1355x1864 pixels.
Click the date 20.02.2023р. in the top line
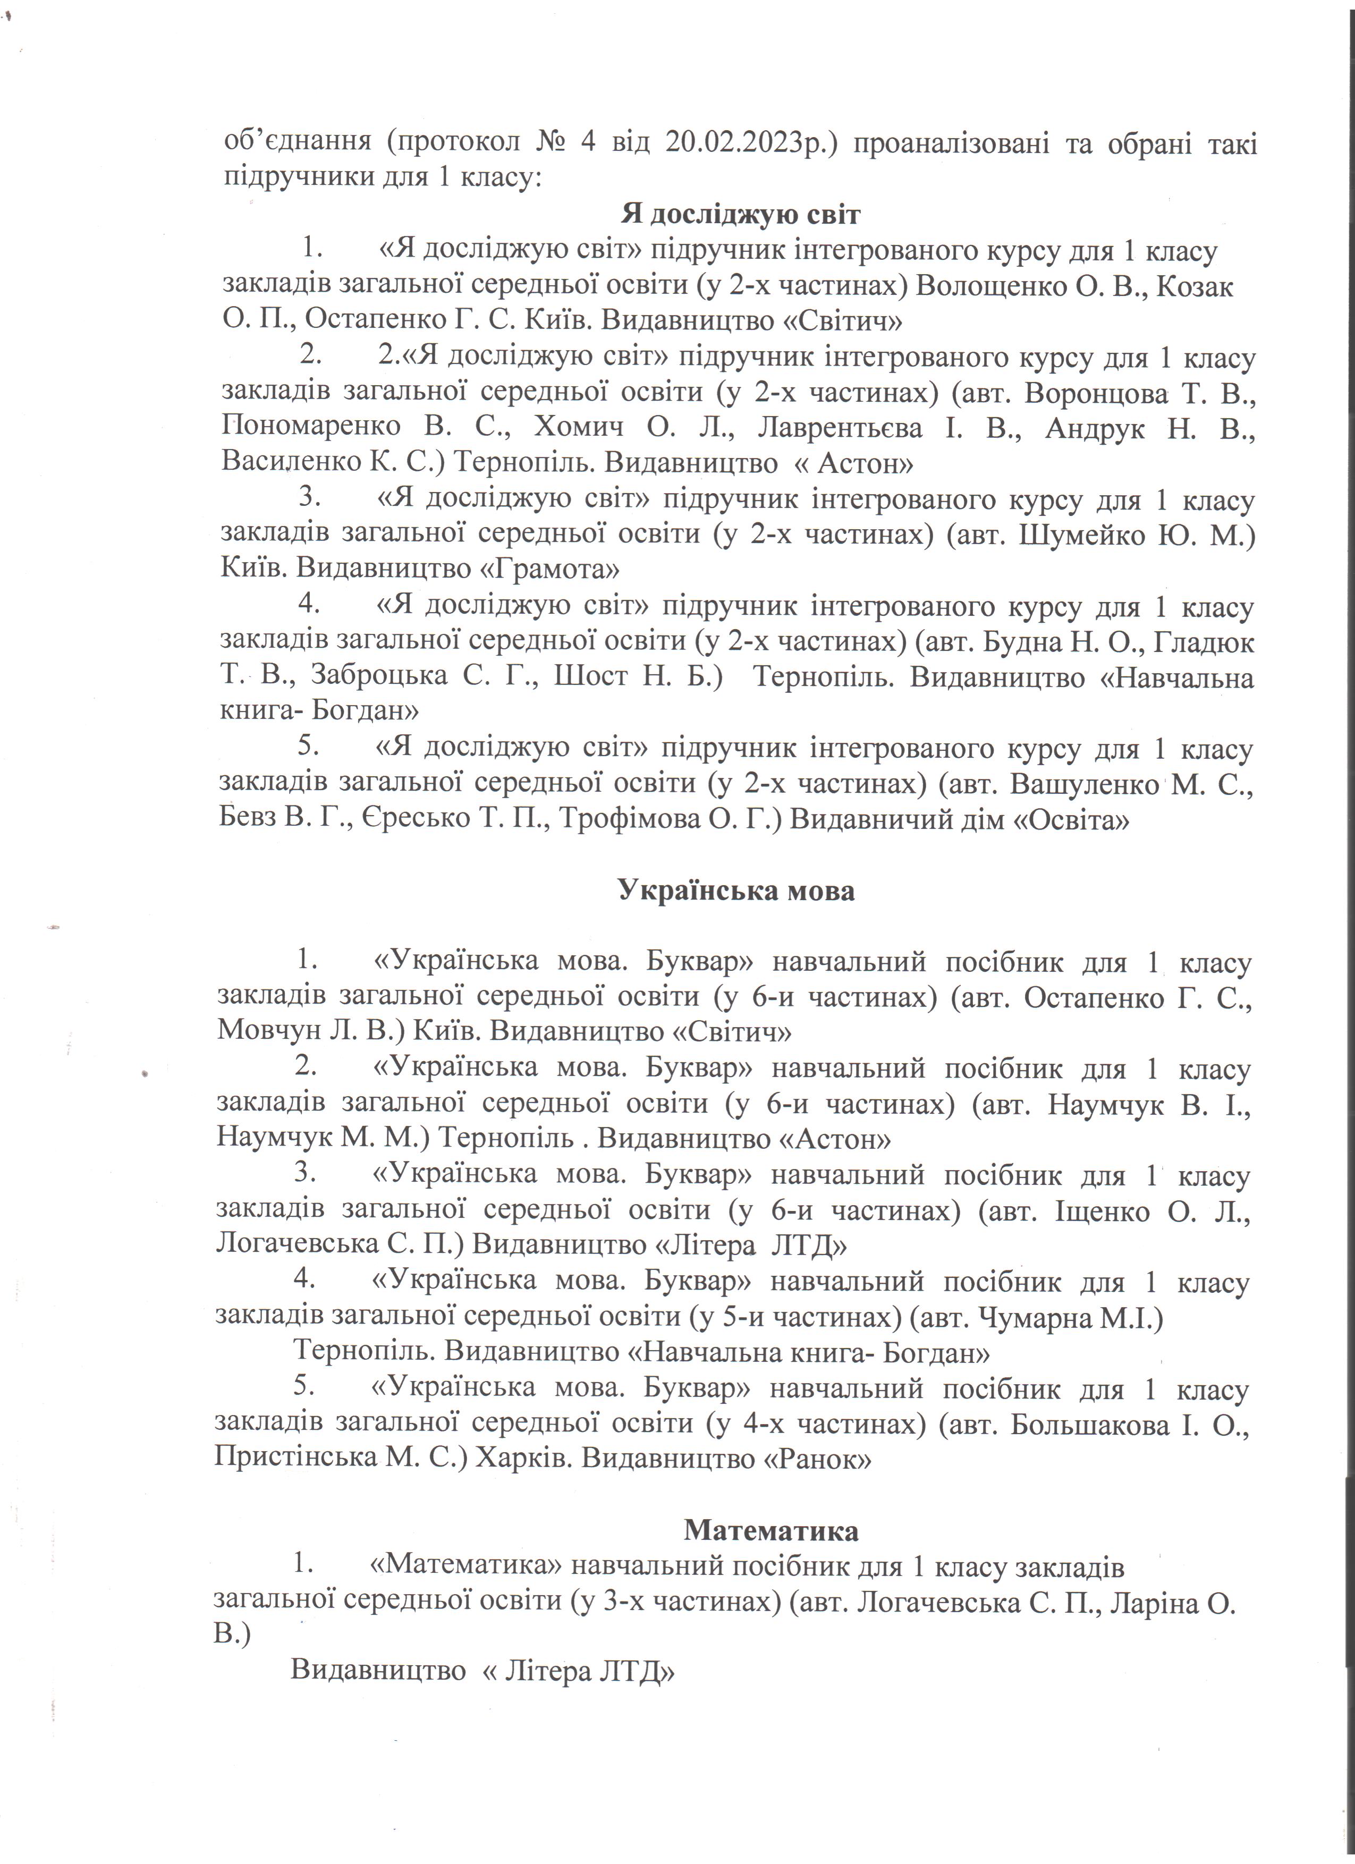[x=746, y=142]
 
